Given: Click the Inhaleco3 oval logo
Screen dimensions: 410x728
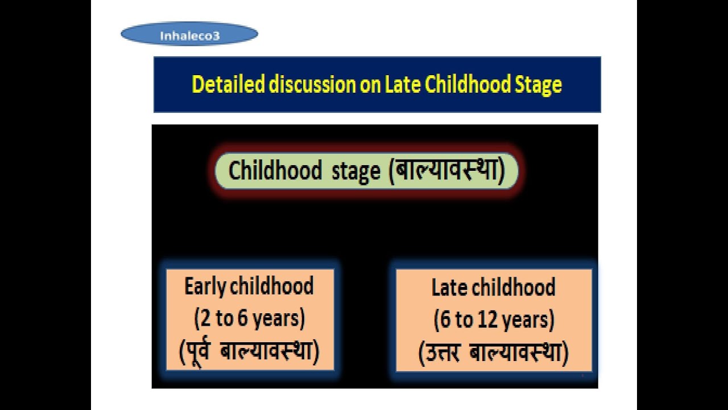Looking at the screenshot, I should click(189, 34).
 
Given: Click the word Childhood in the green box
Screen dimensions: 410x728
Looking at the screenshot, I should click(275, 171).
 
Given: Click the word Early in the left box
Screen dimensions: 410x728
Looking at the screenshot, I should click(205, 286).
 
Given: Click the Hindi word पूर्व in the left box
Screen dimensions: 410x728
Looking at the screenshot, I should click(199, 351).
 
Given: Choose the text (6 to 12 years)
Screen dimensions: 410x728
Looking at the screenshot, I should click(494, 321).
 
